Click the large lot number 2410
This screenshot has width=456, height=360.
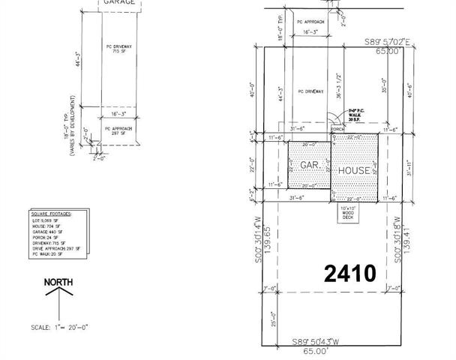pos(349,273)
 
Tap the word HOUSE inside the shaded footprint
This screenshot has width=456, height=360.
pos(353,171)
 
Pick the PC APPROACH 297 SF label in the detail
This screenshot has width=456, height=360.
pos(118,131)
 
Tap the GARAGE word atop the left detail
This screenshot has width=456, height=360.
pos(118,3)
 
